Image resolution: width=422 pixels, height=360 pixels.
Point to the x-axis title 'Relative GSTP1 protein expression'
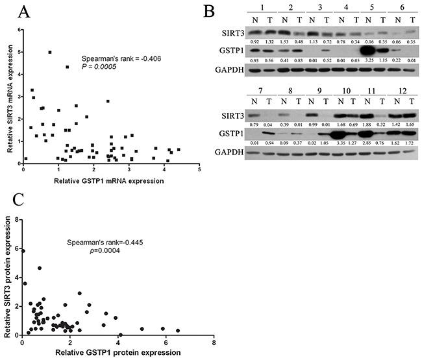pos(117,352)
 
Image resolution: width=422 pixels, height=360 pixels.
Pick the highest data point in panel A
pos(50,52)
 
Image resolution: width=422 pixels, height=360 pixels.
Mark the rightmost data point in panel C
pos(178,331)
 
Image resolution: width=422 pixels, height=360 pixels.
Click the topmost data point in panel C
pos(23,251)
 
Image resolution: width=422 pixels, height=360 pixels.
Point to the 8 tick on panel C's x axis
pos(214,342)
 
